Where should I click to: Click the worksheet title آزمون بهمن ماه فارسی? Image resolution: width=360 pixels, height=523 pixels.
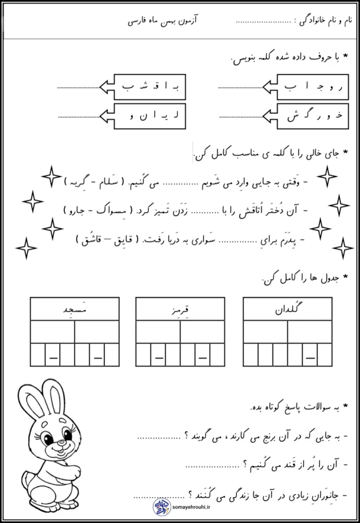coord(157,22)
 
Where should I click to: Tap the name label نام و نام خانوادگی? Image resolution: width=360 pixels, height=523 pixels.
coord(325,22)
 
